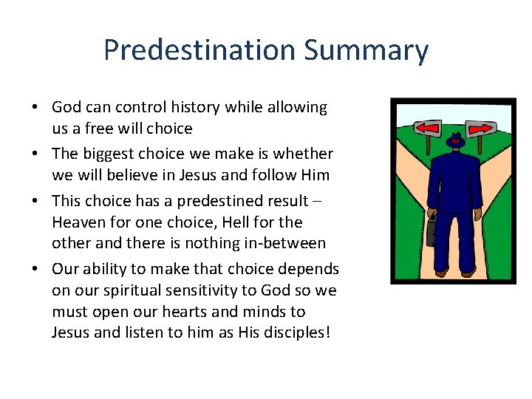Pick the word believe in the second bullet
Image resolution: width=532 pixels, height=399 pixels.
[x=125, y=175]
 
